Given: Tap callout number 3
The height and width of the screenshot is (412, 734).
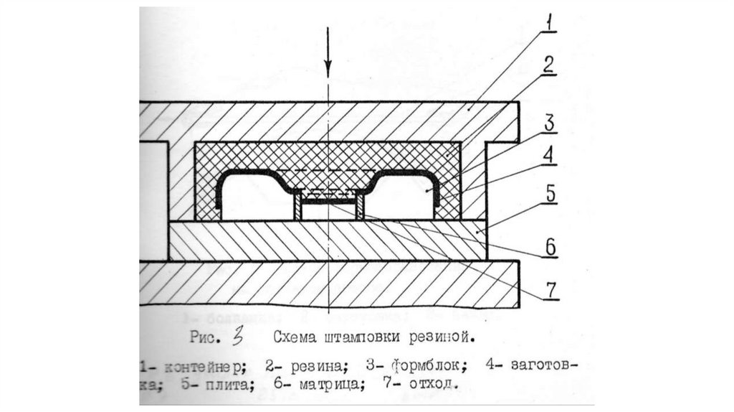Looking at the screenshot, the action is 549,122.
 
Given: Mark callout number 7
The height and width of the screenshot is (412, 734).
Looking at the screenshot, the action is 548,289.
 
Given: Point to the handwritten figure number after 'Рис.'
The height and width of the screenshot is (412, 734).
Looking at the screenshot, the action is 239,334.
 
